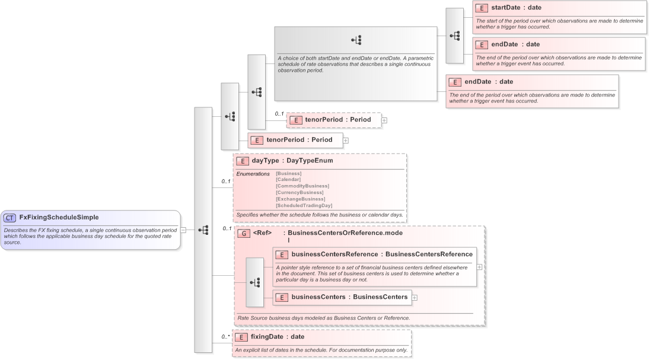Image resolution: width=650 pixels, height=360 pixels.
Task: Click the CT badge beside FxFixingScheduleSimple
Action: (x=10, y=218)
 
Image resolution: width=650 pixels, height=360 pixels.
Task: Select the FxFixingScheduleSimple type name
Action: (x=59, y=218)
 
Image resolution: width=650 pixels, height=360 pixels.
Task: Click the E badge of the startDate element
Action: (x=482, y=8)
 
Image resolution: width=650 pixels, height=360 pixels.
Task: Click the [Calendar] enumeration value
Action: (x=288, y=179)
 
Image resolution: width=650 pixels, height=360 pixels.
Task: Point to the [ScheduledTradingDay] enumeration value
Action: (x=304, y=205)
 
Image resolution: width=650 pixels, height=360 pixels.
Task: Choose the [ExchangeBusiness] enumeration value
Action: (x=300, y=199)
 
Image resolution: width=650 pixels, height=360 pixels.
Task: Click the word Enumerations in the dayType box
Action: (x=253, y=173)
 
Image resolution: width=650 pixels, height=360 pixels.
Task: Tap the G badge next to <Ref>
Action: (x=243, y=234)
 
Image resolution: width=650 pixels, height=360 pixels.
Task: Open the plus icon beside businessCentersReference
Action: (x=479, y=267)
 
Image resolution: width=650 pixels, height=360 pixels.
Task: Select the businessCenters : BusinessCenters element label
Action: (x=349, y=297)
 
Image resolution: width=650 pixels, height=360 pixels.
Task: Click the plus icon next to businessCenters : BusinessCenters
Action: (x=415, y=298)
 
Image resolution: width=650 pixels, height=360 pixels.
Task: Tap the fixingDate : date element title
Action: (x=277, y=337)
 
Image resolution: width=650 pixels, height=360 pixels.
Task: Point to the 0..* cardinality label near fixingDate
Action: (x=225, y=337)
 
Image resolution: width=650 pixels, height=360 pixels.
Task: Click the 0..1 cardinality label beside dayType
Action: (x=225, y=181)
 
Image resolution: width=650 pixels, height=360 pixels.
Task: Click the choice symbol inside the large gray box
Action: (x=356, y=40)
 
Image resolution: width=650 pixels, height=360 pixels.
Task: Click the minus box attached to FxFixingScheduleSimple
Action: (x=183, y=230)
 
